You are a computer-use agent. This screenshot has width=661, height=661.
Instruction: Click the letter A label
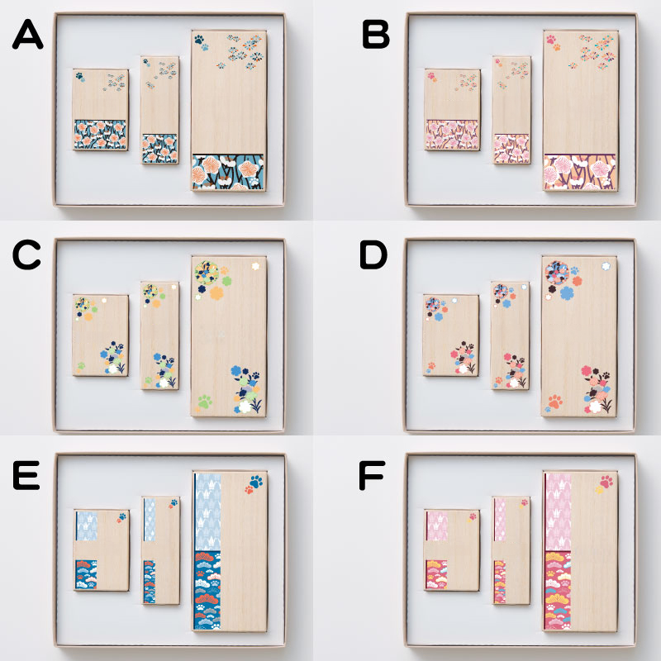click(x=28, y=35)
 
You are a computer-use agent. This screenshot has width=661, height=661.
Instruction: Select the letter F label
click(x=372, y=475)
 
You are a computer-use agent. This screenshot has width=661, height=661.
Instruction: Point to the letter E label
click(x=26, y=475)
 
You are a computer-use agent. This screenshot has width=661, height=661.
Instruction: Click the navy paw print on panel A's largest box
click(x=199, y=39)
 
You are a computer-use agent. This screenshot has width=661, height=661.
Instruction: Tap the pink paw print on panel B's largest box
click(x=551, y=40)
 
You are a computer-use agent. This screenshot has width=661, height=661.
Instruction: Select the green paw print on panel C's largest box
click(x=205, y=402)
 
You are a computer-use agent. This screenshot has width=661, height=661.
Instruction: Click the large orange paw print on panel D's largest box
click(x=555, y=402)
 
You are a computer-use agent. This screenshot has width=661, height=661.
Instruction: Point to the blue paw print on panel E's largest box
click(x=256, y=481)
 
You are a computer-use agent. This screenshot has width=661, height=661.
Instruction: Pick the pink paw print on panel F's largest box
click(x=606, y=481)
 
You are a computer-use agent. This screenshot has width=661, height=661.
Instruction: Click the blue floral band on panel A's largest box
click(x=228, y=172)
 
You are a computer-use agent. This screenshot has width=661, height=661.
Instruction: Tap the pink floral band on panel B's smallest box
click(x=452, y=135)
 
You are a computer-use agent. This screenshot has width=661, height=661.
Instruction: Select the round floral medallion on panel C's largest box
click(x=207, y=273)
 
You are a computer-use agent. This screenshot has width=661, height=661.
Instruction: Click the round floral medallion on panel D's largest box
click(x=557, y=273)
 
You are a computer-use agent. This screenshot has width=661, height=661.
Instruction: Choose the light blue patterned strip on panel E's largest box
click(x=208, y=511)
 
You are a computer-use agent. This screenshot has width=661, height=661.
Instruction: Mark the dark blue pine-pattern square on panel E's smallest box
click(x=86, y=574)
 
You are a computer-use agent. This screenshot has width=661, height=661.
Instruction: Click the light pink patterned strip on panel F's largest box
click(x=559, y=511)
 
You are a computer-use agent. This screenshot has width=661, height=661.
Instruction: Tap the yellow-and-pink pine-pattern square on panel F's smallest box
click(x=437, y=574)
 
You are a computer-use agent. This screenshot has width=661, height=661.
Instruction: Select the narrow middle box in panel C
click(x=159, y=335)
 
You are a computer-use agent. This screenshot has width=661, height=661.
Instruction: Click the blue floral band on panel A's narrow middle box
click(x=159, y=149)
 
